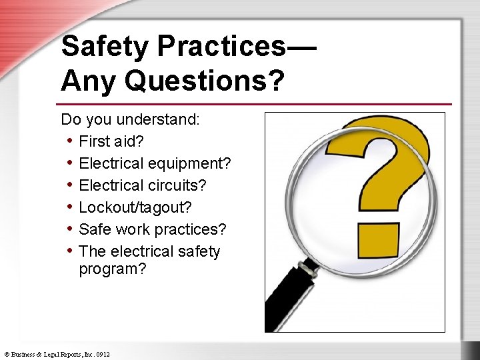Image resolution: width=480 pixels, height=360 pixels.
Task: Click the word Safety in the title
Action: point(106,47)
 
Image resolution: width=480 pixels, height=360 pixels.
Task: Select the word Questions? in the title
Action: point(204,81)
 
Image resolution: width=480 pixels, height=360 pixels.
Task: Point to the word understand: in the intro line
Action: point(159,120)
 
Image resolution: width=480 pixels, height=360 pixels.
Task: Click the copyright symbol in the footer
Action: point(6,355)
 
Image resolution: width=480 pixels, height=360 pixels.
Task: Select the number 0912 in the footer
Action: point(102,355)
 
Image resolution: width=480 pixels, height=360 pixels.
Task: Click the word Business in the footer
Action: point(24,355)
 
